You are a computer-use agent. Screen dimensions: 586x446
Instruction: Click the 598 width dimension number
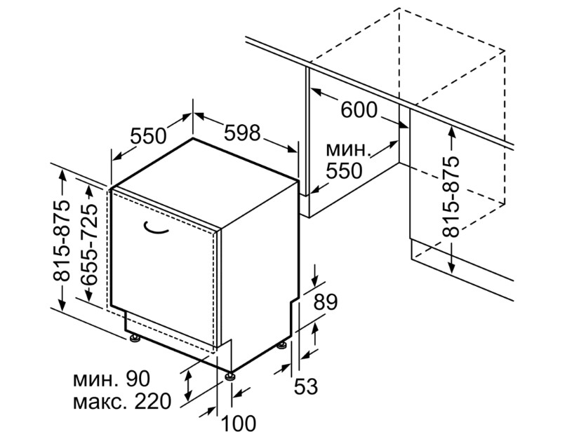(242, 133)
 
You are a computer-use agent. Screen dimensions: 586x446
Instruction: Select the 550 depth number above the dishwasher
(148, 136)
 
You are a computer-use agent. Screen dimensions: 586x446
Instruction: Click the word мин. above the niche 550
(348, 150)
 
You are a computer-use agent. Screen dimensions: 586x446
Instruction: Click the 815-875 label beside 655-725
(60, 240)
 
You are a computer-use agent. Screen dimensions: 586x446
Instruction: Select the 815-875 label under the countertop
(451, 196)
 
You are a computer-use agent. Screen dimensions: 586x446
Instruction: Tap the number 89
(325, 302)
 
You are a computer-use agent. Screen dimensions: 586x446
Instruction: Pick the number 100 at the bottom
(239, 424)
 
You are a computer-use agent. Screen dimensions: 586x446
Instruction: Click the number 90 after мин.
(138, 379)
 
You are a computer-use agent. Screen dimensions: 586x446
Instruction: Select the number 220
(152, 402)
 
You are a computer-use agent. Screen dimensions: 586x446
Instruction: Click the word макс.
(100, 403)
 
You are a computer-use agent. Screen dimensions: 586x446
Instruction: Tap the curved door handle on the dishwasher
(156, 227)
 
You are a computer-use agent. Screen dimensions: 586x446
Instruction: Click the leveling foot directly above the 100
(229, 375)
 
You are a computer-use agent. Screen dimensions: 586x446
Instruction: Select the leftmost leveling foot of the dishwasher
(134, 338)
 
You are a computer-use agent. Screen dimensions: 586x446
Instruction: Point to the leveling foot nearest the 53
(281, 345)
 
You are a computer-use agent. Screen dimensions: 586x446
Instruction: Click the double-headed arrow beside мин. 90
(189, 384)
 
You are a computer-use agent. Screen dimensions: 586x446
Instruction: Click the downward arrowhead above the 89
(315, 280)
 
